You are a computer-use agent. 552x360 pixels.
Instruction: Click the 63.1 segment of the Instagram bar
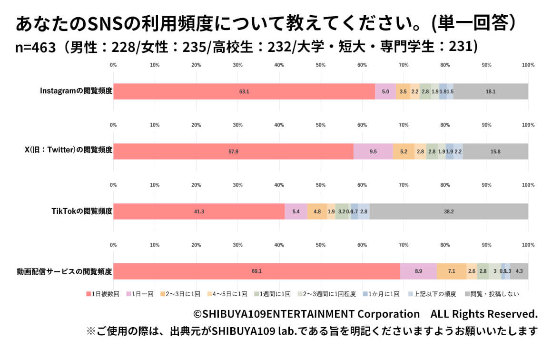pyautogui.click(x=244, y=91)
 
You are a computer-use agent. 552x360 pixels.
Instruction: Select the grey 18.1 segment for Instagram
pyautogui.click(x=491, y=91)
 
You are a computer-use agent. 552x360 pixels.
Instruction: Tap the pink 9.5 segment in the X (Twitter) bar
pyautogui.click(x=373, y=151)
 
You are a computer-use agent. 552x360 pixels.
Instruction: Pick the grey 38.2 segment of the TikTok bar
pyautogui.click(x=449, y=211)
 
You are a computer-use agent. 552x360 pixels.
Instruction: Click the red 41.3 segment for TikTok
pyautogui.click(x=199, y=211)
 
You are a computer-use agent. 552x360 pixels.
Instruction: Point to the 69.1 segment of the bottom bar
pyautogui.click(x=256, y=271)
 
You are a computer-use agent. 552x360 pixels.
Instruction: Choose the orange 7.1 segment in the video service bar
pyautogui.click(x=452, y=271)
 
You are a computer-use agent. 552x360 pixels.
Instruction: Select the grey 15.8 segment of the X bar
pyautogui.click(x=495, y=151)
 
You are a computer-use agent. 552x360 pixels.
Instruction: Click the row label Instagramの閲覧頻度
pyautogui.click(x=76, y=91)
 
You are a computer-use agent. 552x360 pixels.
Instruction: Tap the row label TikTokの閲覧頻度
pyautogui.click(x=82, y=211)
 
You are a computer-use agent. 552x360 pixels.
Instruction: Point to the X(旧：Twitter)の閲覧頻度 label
pyautogui.click(x=69, y=151)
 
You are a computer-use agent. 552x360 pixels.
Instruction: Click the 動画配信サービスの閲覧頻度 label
pyautogui.click(x=64, y=271)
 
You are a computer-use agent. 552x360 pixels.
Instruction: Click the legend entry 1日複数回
pyautogui.click(x=102, y=294)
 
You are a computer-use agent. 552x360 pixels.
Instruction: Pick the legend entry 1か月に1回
pyautogui.click(x=381, y=294)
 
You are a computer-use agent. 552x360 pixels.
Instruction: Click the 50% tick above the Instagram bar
pyautogui.click(x=321, y=65)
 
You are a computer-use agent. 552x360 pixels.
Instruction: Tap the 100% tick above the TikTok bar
pyautogui.click(x=528, y=185)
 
